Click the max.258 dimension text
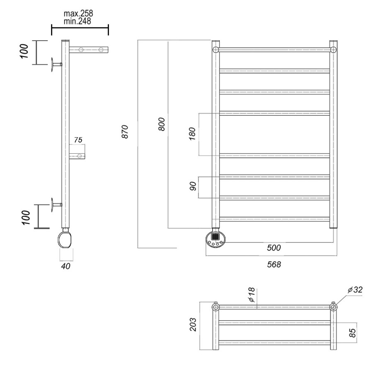[x=78, y=13]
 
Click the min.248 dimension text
[x=78, y=21]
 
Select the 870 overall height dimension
[x=125, y=131]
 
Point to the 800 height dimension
[x=162, y=124]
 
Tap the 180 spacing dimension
[x=192, y=134]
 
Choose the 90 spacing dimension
[x=193, y=186]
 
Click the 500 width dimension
[x=274, y=248]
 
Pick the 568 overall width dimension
[x=274, y=264]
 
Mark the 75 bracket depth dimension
[x=78, y=140]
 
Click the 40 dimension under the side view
[x=65, y=266]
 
